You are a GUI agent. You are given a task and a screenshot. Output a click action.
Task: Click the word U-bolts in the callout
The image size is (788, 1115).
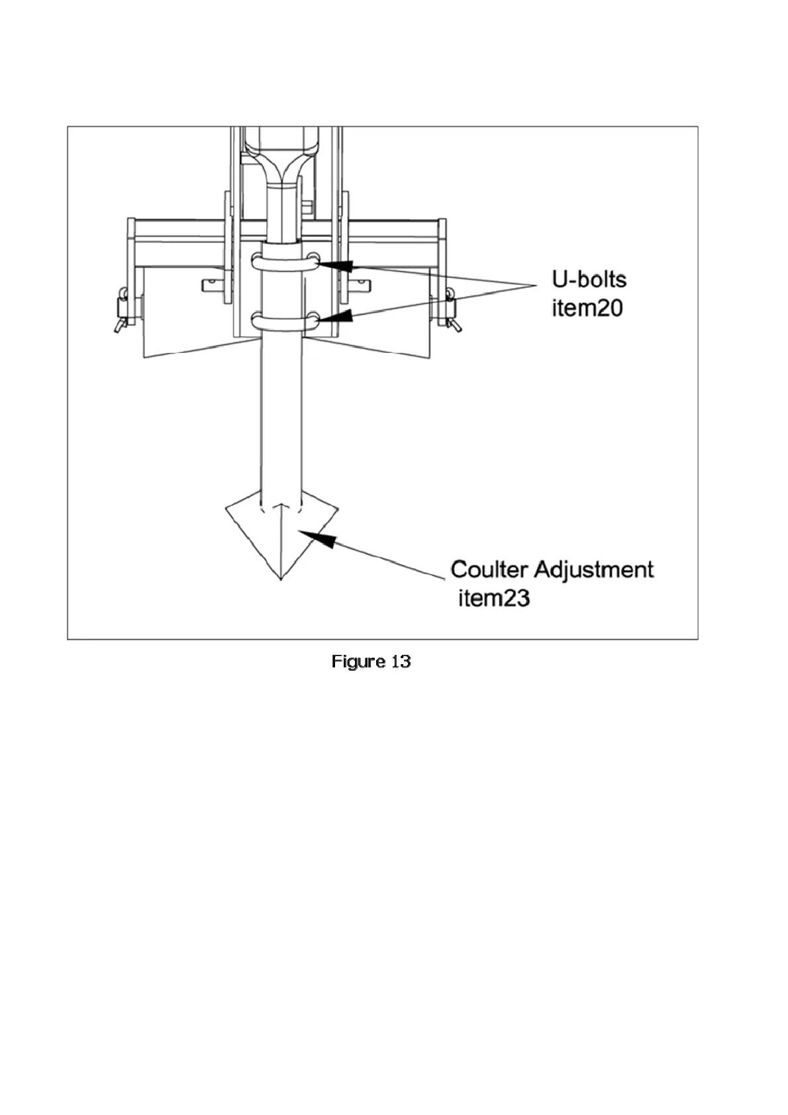(x=589, y=279)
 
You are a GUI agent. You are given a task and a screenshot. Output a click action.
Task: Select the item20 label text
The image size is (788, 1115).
(x=587, y=308)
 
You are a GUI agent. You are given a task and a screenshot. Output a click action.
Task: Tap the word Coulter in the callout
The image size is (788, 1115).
(x=489, y=569)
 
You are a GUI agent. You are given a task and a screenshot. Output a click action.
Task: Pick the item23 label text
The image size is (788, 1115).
(x=494, y=598)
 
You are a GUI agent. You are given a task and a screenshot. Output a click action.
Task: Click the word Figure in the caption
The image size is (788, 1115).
(x=358, y=661)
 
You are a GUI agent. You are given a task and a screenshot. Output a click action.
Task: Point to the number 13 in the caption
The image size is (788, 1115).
(x=401, y=661)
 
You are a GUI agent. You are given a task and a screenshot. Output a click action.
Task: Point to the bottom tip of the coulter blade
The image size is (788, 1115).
(x=281, y=579)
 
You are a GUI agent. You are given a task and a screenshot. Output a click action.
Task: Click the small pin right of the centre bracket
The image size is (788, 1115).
(x=360, y=285)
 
